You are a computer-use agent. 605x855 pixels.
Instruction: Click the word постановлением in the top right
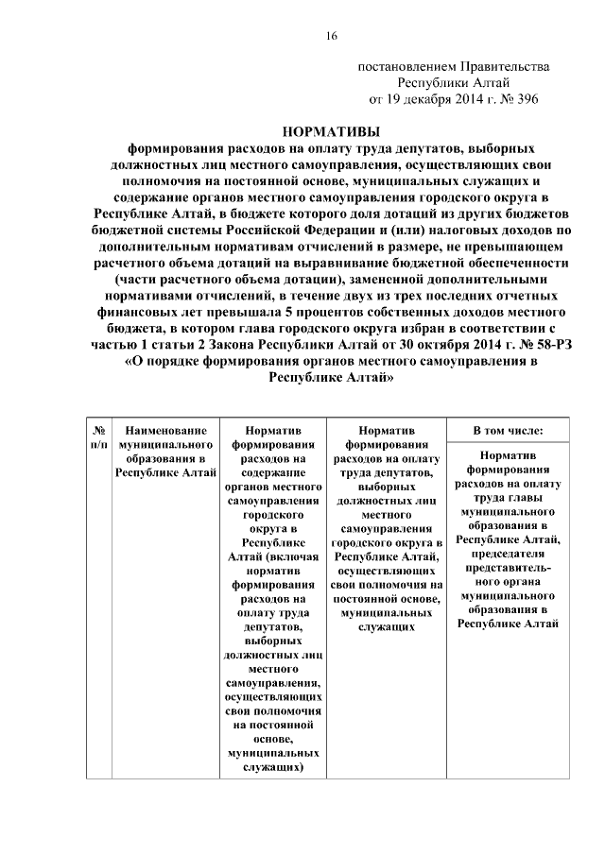[x=404, y=66]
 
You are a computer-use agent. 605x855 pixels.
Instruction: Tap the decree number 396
[x=524, y=98]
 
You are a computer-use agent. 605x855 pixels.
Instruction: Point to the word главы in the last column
[x=524, y=494]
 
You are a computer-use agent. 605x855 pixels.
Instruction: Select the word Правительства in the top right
[x=501, y=66]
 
